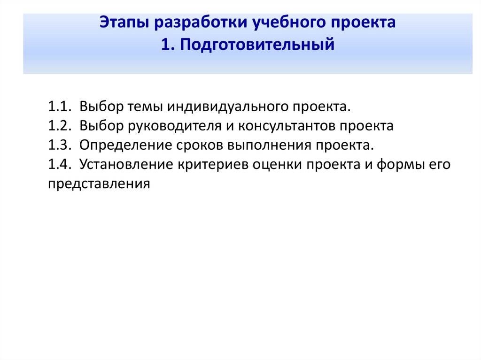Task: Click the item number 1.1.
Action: pyautogui.click(x=59, y=107)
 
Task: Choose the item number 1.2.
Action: pyautogui.click(x=59, y=126)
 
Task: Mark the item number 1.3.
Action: pyautogui.click(x=59, y=145)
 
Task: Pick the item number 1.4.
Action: pyautogui.click(x=59, y=164)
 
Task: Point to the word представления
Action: pyautogui.click(x=99, y=184)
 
